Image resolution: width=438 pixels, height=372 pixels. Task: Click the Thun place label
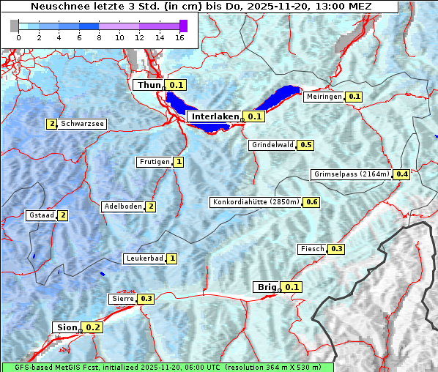point(149,86)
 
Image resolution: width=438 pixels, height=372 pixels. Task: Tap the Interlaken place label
point(215,116)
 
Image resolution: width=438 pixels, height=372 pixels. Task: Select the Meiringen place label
point(324,97)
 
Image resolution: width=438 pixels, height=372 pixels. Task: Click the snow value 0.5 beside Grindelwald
point(306,145)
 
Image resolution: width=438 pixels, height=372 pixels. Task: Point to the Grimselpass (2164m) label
point(352,174)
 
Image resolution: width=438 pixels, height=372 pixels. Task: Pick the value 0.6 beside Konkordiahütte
point(312,202)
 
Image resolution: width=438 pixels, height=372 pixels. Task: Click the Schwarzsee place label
point(82,124)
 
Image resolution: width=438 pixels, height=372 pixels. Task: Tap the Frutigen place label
point(154,162)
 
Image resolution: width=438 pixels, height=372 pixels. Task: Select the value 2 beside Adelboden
point(151,207)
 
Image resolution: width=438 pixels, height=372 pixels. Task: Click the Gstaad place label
point(41,215)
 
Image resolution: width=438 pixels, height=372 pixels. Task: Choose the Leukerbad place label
point(144,258)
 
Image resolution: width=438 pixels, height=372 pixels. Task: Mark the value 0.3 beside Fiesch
point(336,249)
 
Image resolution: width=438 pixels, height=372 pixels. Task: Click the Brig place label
point(265,287)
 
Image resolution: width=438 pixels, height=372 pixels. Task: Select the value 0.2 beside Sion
point(93,327)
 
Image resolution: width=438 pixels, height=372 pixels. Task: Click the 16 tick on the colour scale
point(179,37)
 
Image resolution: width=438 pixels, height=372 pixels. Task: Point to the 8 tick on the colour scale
point(99,37)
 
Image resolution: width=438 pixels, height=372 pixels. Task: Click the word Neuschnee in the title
point(58,7)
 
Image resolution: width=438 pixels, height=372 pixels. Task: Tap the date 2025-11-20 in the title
point(287,7)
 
